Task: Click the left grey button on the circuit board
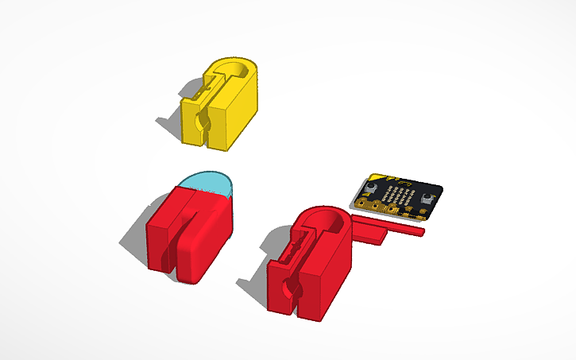click(x=370, y=190)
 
